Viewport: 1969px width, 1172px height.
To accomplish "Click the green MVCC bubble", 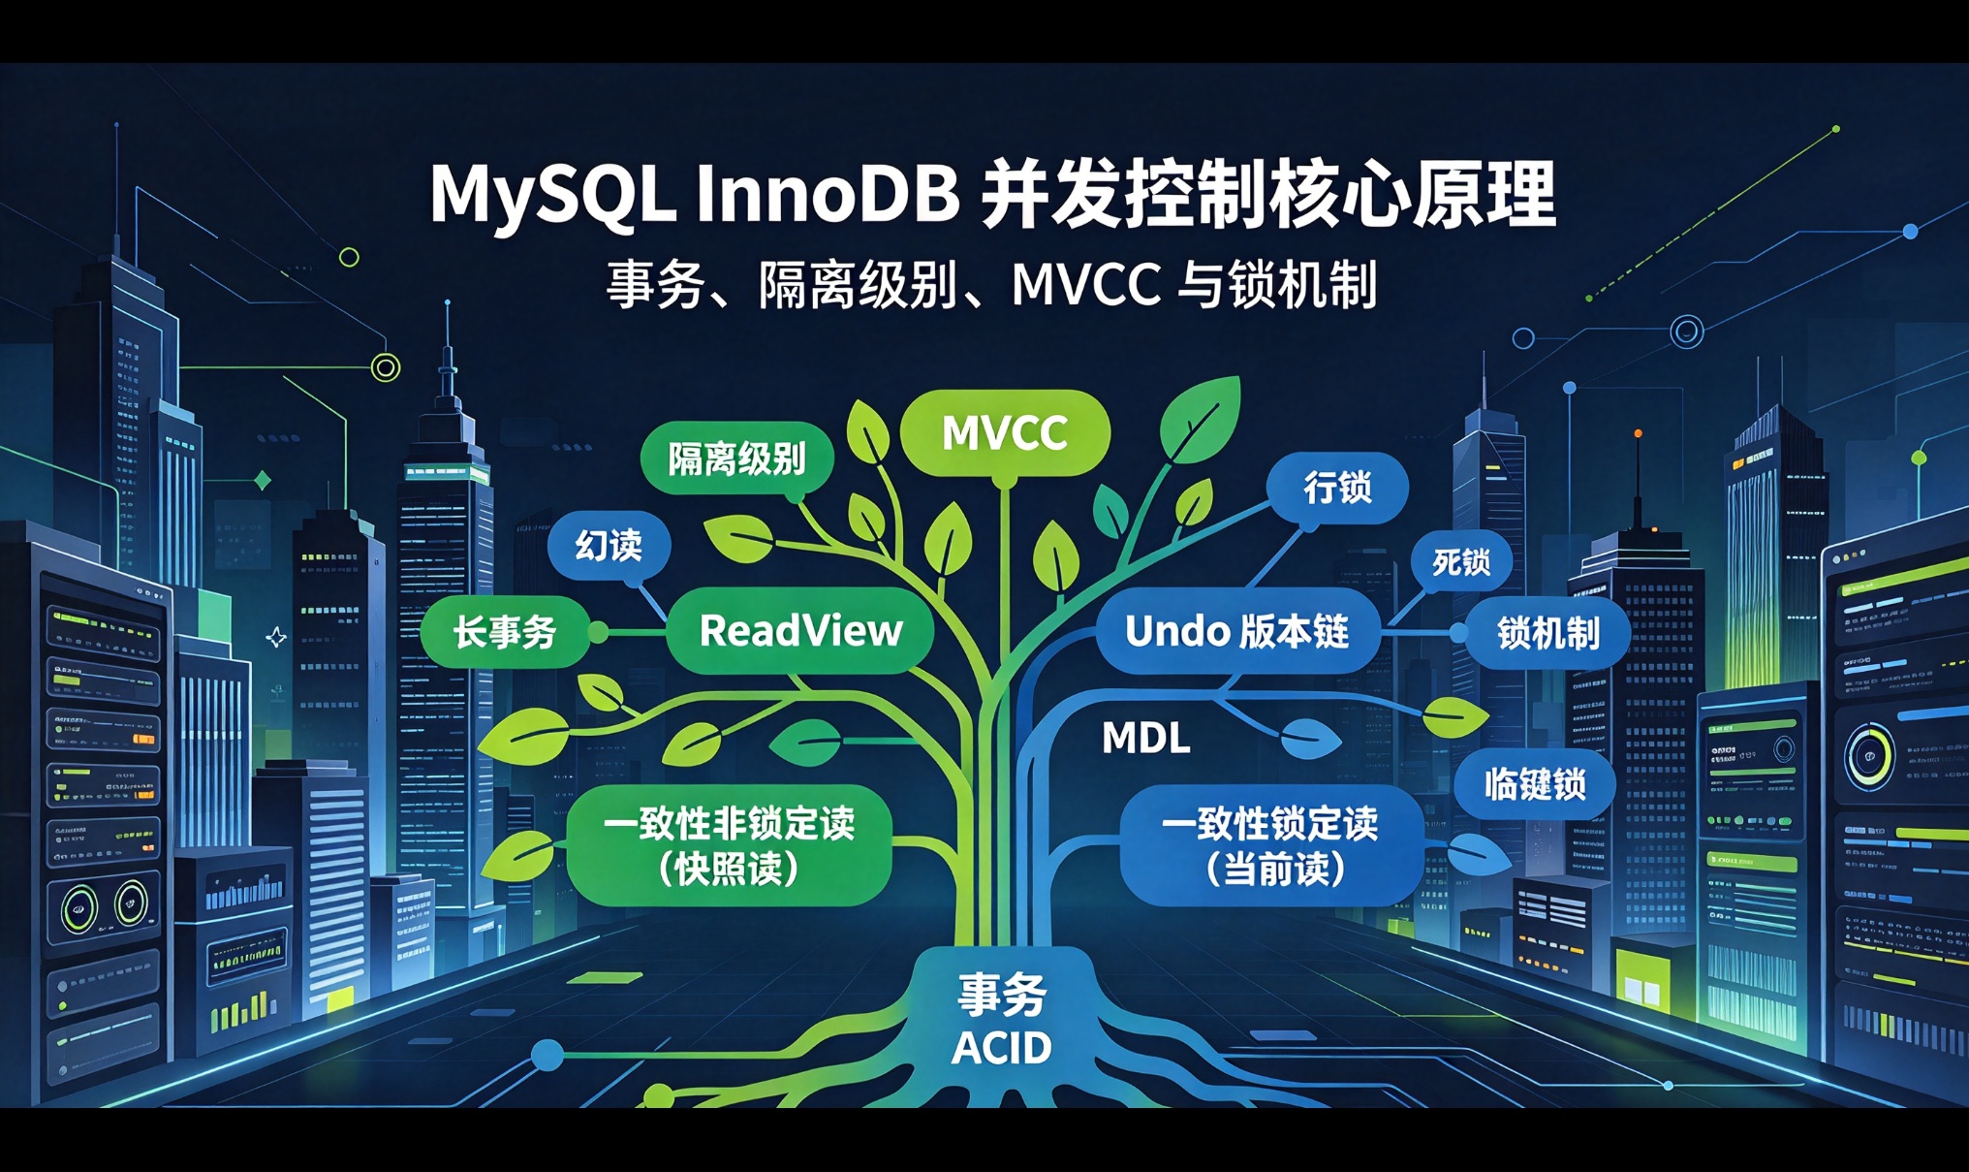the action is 1005,432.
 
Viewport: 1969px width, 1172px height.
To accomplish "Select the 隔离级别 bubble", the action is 736,459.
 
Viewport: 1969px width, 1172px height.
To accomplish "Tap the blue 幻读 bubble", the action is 609,546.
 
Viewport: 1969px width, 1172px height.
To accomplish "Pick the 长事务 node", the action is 505,633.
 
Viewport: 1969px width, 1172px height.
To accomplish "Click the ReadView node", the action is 800,630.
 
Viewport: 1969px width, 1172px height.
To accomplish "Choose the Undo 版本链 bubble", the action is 1237,631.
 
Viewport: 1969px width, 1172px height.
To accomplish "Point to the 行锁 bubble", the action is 1338,488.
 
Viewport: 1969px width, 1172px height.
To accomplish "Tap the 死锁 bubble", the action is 1461,561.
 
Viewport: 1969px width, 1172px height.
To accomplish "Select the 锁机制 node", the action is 1547,633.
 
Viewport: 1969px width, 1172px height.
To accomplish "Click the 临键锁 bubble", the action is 1535,783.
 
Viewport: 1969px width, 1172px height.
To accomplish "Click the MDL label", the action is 1146,739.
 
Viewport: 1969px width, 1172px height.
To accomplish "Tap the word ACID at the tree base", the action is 1001,1048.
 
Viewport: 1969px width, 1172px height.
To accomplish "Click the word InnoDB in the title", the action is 828,193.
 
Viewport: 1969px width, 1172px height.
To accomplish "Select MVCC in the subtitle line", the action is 1086,285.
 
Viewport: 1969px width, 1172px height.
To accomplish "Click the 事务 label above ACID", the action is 1002,995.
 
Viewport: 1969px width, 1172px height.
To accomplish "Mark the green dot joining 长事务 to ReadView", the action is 599,633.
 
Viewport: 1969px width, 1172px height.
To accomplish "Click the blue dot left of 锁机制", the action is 1458,633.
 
